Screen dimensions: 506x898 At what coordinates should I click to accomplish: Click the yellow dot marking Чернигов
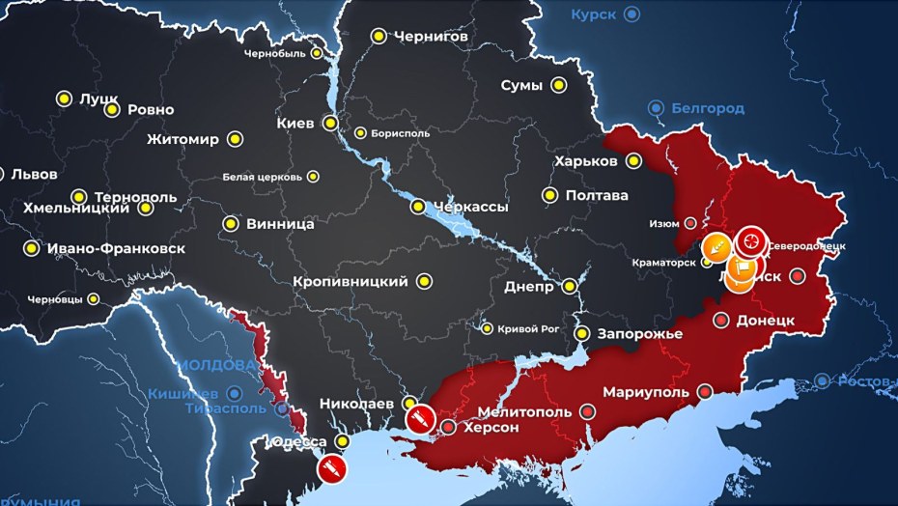[378, 36]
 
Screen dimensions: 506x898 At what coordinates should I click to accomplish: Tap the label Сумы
[520, 85]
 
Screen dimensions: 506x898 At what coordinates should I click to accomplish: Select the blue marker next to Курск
[631, 14]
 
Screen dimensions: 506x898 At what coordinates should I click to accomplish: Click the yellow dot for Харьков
[634, 160]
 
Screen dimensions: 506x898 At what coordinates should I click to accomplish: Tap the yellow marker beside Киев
[330, 123]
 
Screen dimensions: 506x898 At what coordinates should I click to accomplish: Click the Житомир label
[183, 139]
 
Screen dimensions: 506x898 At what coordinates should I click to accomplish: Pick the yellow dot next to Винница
[231, 223]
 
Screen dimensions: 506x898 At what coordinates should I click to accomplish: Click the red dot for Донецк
[720, 320]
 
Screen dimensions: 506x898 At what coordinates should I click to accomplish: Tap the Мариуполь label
[646, 392]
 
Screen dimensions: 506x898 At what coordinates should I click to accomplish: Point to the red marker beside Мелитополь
[588, 412]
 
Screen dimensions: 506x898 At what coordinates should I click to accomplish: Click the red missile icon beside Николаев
[419, 419]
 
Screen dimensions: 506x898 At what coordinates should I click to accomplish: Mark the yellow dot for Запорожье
[582, 333]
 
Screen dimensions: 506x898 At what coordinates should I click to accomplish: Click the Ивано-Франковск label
[116, 248]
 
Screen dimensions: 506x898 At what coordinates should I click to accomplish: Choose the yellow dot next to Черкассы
[418, 207]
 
